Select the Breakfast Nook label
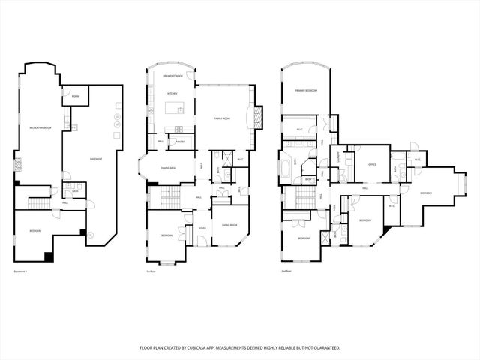pos(171,76)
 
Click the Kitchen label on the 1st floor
pos(171,93)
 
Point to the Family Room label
pos(223,118)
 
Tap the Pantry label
pos(181,140)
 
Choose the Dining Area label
pos(168,168)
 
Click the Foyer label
pos(202,229)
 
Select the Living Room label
pos(229,225)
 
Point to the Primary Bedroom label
pos(306,90)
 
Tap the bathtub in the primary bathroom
pos(286,166)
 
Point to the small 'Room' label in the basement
pos(76,96)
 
